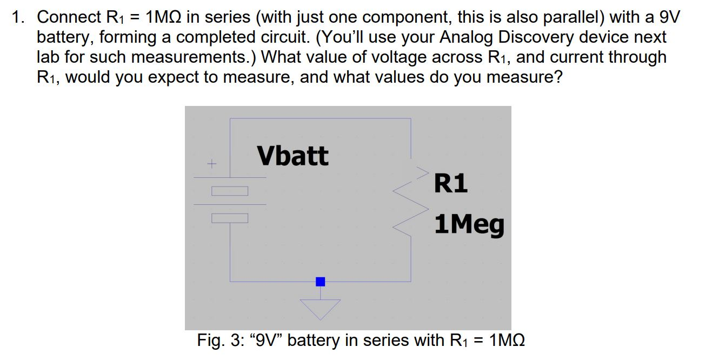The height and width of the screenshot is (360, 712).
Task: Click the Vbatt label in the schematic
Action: coord(292,156)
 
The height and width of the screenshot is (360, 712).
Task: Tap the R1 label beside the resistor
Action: coord(451,184)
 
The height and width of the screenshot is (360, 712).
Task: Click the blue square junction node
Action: coord(321,281)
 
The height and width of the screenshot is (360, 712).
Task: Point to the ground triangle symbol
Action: coord(321,308)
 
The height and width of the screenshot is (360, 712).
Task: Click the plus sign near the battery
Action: coord(212,162)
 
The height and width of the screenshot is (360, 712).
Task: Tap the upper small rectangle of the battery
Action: coord(230,191)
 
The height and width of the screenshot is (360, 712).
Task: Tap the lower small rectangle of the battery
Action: coord(230,218)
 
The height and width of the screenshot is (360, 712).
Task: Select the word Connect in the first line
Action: coord(66,17)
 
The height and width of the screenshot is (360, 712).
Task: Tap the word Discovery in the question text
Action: coord(538,37)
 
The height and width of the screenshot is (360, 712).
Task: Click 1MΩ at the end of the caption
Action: coord(506,341)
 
